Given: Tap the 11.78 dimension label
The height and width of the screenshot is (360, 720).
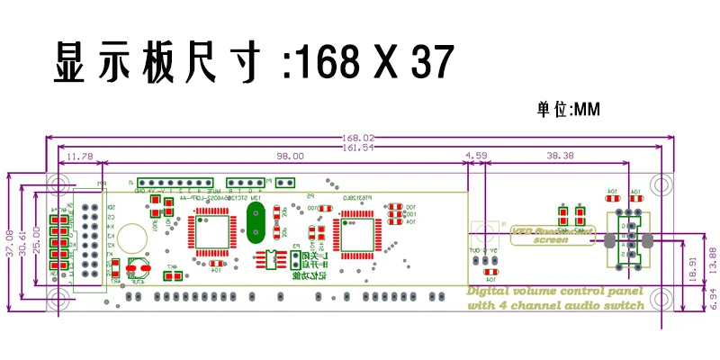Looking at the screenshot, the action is coord(81,157).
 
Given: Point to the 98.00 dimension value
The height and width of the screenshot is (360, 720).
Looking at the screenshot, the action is coord(290,157).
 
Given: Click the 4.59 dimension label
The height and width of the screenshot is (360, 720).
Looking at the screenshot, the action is coord(476,157).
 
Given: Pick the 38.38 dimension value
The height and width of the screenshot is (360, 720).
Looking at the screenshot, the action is coord(560,157).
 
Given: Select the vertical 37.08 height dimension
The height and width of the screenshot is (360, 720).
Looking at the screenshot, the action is coord(10,241).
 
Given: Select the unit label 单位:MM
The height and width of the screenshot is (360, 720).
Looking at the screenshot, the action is coord(569,110).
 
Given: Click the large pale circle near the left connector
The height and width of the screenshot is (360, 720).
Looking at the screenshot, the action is coord(133,240).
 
